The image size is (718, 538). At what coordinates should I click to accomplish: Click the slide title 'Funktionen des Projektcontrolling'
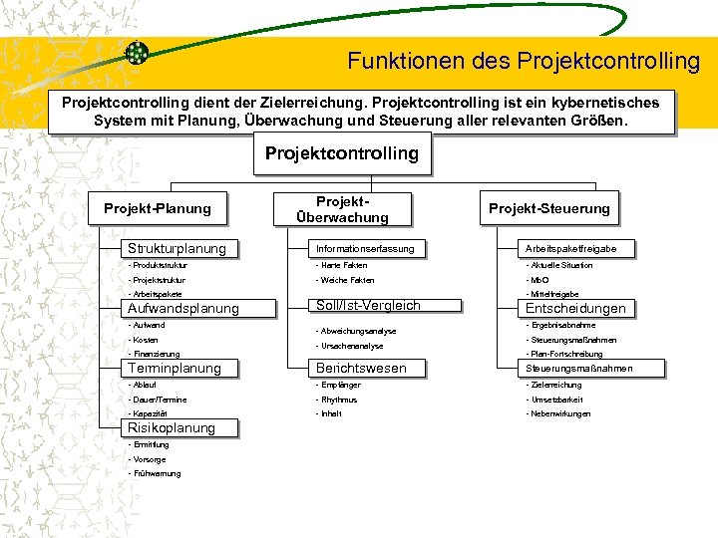click(524, 61)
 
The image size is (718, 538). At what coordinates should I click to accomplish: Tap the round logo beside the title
click(138, 54)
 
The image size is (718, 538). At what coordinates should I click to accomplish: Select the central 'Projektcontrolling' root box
click(341, 154)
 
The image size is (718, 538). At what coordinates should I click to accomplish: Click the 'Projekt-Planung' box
click(158, 208)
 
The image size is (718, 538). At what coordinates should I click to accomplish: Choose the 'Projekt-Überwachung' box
click(341, 208)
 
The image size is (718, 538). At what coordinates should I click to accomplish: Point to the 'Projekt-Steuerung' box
click(548, 208)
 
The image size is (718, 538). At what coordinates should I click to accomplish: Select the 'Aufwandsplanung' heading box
click(181, 308)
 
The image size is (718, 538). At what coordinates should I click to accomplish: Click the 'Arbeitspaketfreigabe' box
click(578, 248)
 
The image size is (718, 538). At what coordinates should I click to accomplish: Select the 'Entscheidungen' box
click(578, 308)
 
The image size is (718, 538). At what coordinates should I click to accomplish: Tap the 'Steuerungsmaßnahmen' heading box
click(578, 369)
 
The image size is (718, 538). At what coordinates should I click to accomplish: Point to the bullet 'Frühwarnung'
click(158, 473)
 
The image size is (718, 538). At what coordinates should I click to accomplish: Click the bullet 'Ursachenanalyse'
click(350, 346)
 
